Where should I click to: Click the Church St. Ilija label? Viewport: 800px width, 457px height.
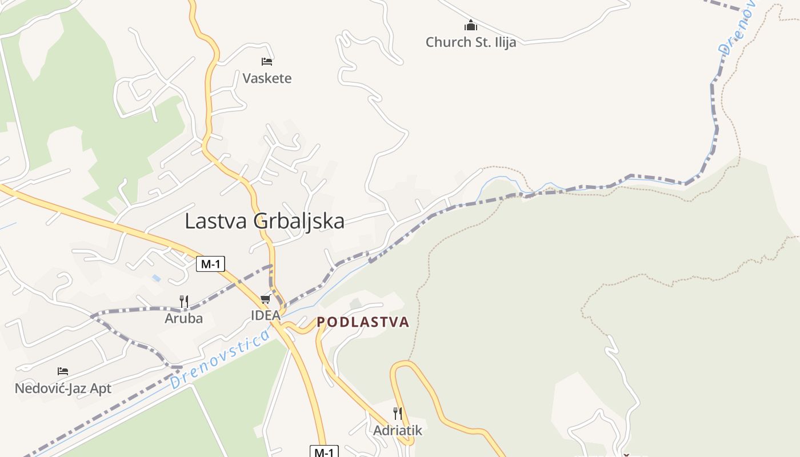click(x=471, y=42)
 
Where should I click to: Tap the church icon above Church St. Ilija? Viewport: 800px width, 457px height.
click(x=471, y=26)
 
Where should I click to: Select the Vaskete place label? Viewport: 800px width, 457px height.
click(x=267, y=78)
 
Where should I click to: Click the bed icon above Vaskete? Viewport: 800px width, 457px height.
click(x=267, y=62)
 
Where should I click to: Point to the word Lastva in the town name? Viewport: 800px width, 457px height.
click(x=216, y=222)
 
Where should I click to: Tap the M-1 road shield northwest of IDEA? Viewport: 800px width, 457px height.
click(x=210, y=264)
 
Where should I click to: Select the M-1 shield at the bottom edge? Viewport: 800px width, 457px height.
click(x=324, y=452)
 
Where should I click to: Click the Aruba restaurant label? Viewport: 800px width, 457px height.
click(x=184, y=318)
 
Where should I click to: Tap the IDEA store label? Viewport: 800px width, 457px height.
click(x=266, y=315)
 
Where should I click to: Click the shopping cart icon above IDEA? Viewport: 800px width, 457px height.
click(x=265, y=299)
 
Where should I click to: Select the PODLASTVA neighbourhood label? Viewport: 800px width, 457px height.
click(x=363, y=322)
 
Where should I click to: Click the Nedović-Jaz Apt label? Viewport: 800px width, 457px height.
click(x=63, y=388)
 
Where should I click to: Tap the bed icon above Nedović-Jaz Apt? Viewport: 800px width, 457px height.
click(x=63, y=372)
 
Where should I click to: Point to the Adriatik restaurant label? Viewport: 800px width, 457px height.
click(x=398, y=430)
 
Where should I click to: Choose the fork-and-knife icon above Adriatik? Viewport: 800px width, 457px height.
click(x=398, y=413)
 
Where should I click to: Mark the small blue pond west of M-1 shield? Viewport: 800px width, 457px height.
click(x=157, y=278)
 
